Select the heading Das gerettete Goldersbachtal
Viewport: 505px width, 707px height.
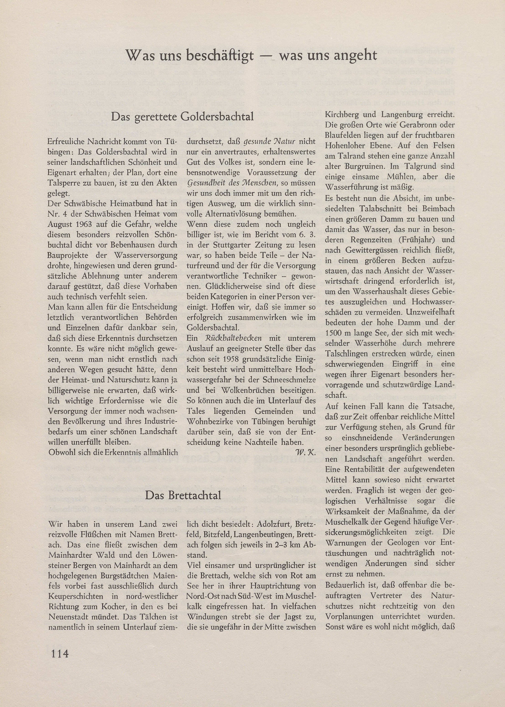pyautogui.click(x=182, y=117)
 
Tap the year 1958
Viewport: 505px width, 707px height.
pyautogui.click(x=232, y=359)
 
